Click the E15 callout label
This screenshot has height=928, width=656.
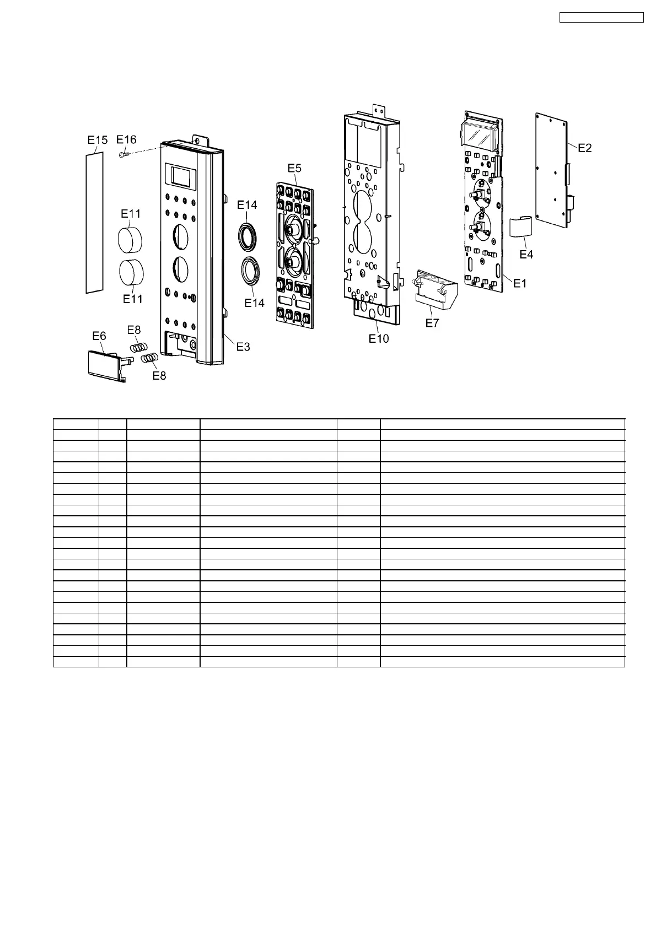(x=97, y=141)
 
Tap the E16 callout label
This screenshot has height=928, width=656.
(x=126, y=140)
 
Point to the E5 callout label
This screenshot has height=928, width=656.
(x=294, y=168)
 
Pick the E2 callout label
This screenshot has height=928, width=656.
(x=584, y=148)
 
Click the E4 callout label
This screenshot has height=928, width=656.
(x=526, y=255)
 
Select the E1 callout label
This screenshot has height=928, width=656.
(x=520, y=283)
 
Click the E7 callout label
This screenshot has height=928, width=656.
(x=432, y=323)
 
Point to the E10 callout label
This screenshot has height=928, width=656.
(x=379, y=338)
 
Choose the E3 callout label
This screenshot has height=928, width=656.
(x=243, y=347)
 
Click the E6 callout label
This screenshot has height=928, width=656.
(x=99, y=336)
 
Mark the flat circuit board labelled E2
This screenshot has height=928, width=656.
(x=552, y=171)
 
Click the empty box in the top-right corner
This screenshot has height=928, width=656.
(x=601, y=18)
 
